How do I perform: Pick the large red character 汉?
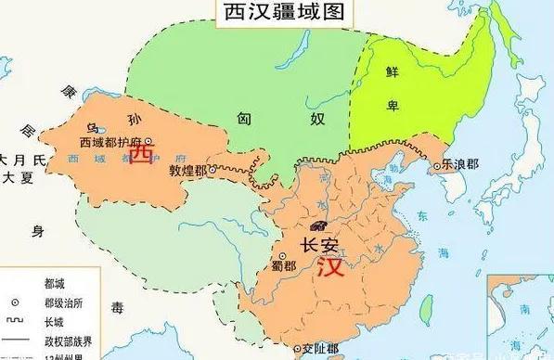coord(329,269)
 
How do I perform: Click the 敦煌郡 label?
coord(185,172)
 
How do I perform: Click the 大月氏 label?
coord(18,159)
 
